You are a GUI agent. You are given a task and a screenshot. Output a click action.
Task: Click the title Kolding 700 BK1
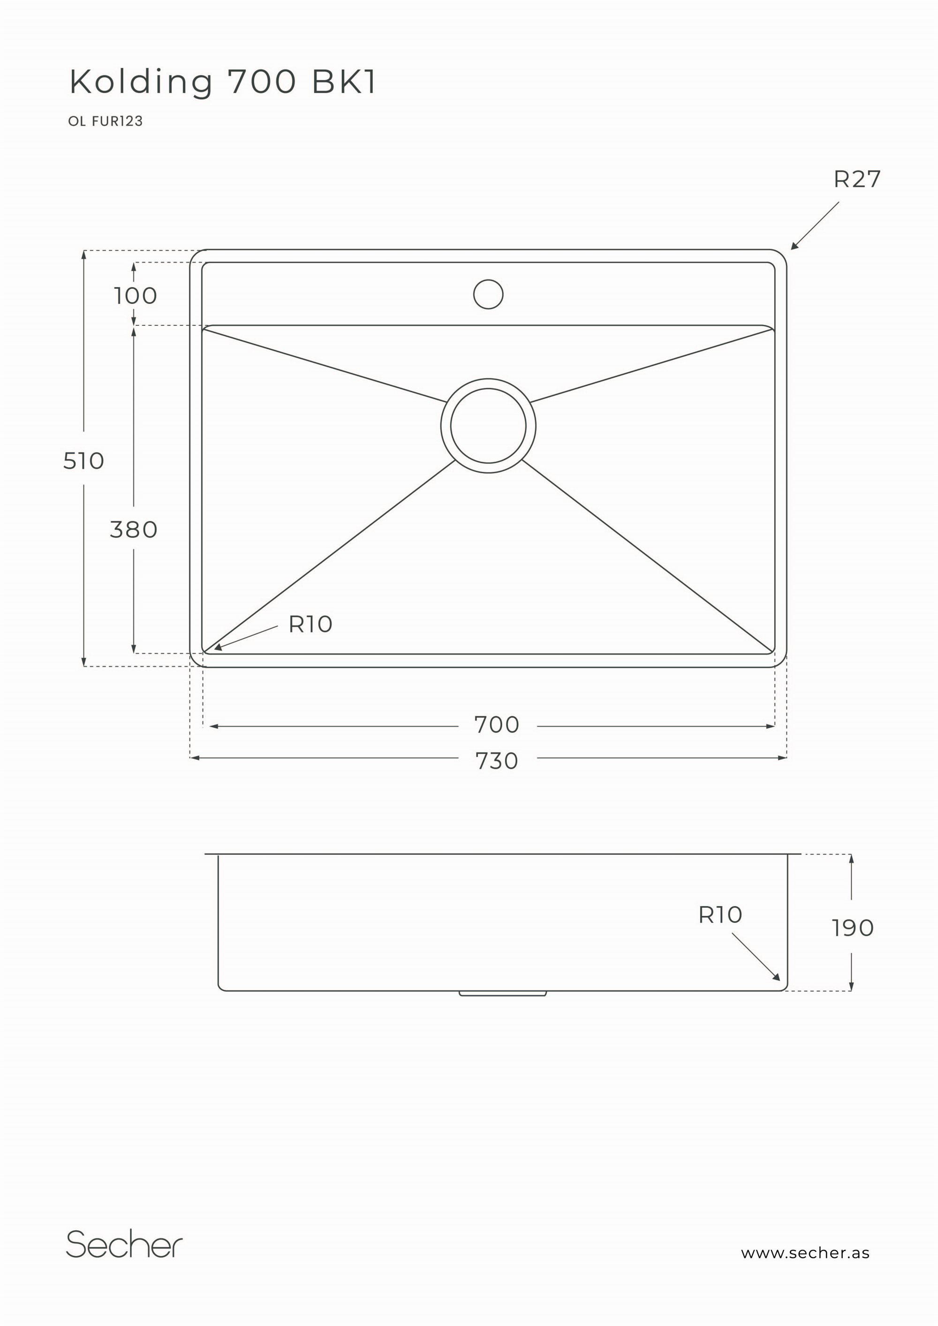click(223, 82)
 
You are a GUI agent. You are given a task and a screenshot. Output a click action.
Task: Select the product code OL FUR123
click(105, 121)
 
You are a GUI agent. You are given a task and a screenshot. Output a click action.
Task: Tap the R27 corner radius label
click(856, 180)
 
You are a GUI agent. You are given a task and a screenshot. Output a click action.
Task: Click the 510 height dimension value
click(84, 461)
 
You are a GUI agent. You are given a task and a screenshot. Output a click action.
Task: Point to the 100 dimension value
click(135, 296)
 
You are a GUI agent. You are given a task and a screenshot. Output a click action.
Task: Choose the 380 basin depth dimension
click(133, 529)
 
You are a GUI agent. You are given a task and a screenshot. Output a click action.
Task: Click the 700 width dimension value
click(497, 725)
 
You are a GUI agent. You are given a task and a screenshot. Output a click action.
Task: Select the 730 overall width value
click(497, 761)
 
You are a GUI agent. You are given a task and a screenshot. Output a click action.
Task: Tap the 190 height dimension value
click(853, 928)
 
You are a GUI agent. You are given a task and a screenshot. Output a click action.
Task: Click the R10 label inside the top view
click(310, 624)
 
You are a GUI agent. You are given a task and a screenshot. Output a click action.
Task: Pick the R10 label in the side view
click(719, 915)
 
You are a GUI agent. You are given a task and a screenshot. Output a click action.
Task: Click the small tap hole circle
click(488, 294)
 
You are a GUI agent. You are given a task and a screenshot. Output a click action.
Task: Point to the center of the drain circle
click(488, 426)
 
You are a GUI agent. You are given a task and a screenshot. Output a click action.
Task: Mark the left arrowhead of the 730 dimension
click(195, 758)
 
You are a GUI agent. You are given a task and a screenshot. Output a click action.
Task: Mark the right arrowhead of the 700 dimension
click(770, 726)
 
